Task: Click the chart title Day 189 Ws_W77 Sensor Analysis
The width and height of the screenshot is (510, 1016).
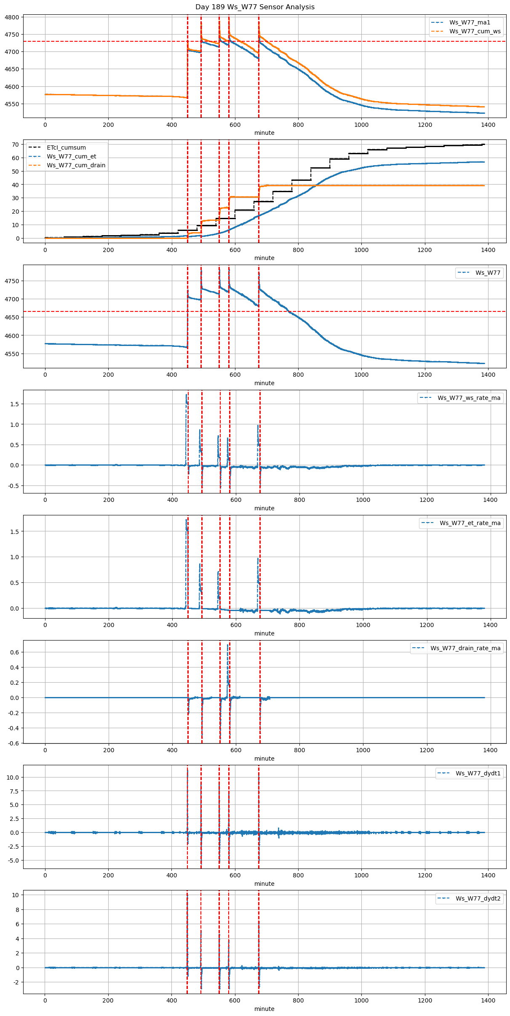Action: point(255,7)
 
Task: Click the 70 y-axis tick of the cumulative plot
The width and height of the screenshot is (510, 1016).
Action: point(16,145)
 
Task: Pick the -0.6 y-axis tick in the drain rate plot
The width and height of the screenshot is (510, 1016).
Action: point(13,743)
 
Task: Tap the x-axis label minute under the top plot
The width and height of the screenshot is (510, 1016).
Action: point(264,133)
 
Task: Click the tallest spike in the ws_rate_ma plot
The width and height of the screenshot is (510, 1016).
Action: point(186,395)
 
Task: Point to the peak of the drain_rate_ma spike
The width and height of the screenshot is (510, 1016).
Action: point(228,645)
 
